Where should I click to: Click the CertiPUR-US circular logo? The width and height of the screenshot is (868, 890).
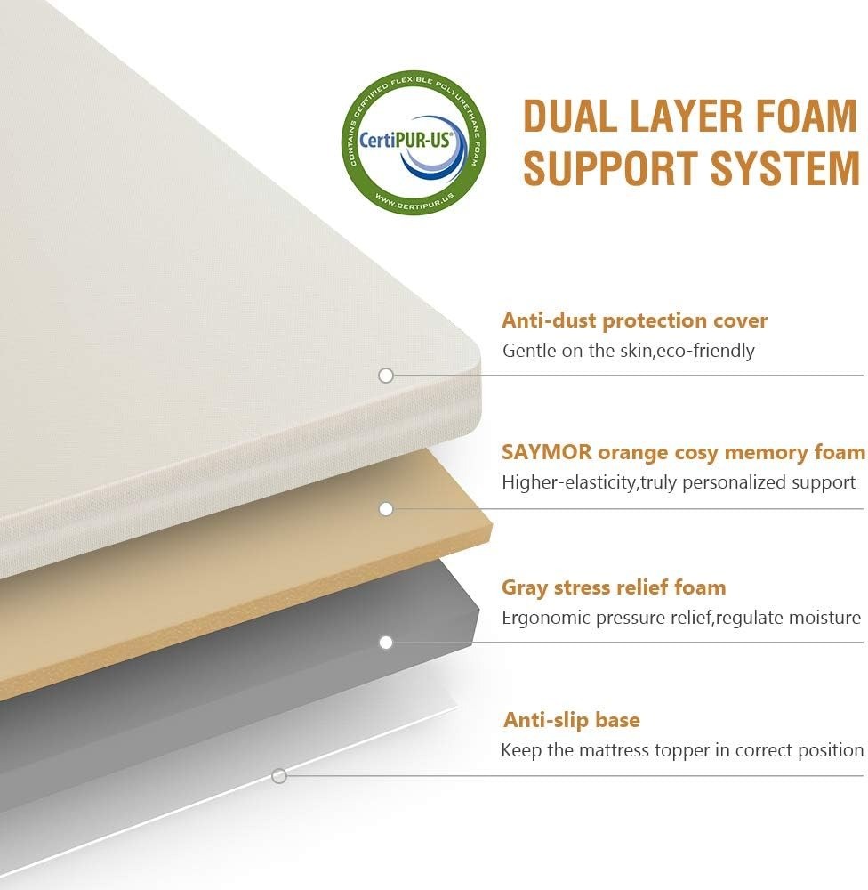click(x=414, y=142)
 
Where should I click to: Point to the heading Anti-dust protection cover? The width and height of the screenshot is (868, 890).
click(x=634, y=320)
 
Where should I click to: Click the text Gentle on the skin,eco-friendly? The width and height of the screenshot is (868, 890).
click(x=629, y=350)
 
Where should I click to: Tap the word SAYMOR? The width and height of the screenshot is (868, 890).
click(x=546, y=452)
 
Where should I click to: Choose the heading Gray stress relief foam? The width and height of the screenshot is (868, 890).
click(x=614, y=587)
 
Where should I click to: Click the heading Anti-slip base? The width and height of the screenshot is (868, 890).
click(x=571, y=720)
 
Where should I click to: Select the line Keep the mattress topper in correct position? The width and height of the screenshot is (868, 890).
click(x=682, y=750)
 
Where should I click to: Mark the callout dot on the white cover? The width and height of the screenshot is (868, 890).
click(x=386, y=376)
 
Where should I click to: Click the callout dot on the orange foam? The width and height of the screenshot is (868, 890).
click(x=386, y=509)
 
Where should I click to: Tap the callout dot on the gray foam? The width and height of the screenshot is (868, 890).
click(x=386, y=643)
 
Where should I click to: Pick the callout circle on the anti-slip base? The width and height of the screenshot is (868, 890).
click(x=278, y=776)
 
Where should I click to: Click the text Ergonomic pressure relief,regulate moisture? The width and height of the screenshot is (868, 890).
click(x=680, y=618)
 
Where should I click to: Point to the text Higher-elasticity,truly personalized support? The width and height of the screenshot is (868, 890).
click(x=679, y=482)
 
